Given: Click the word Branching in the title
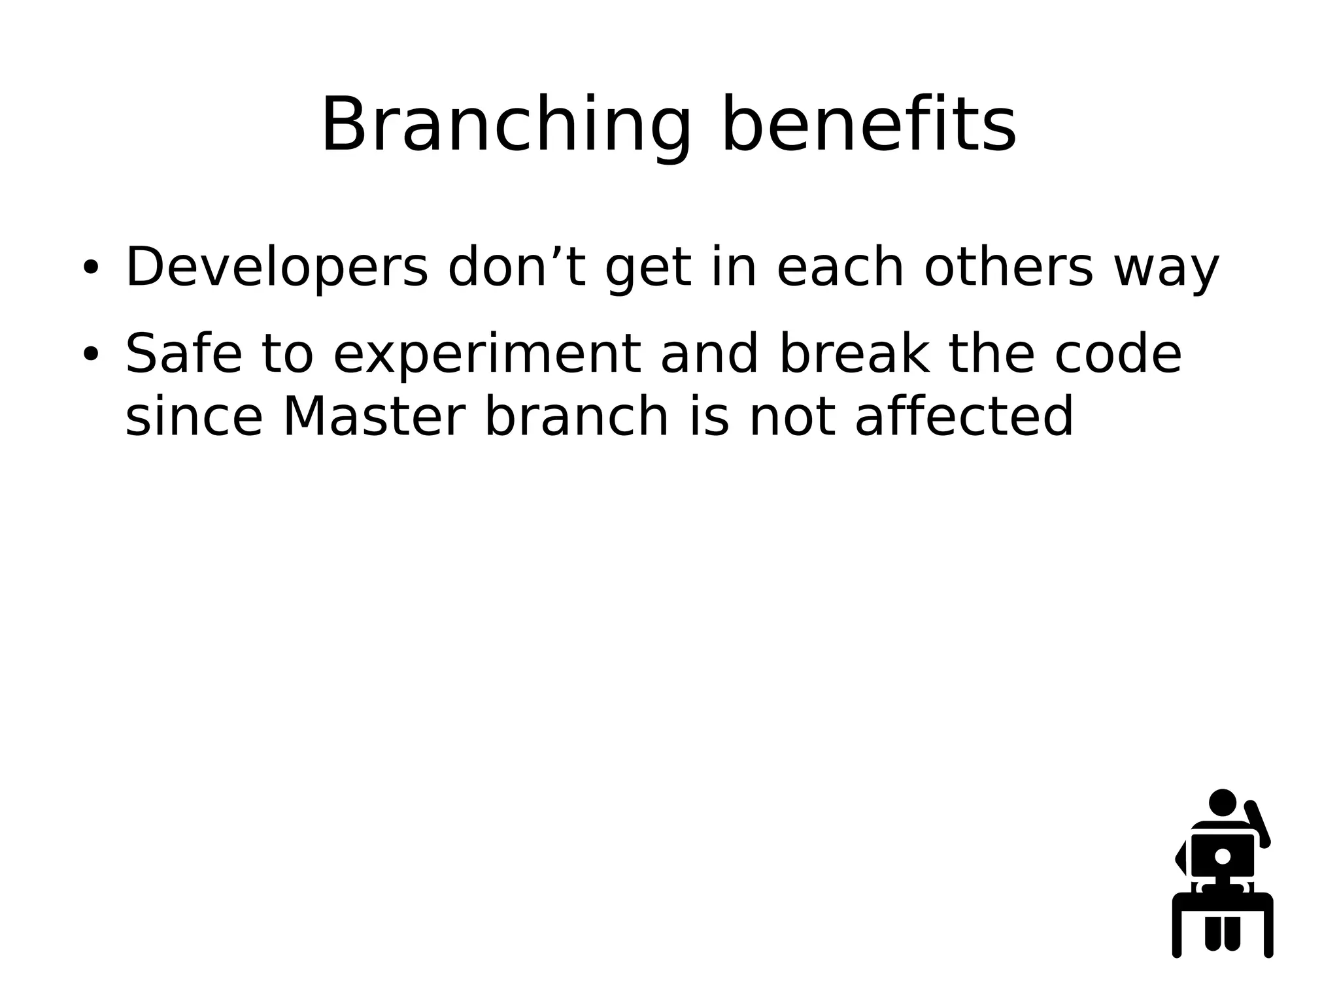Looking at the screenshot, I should pos(505,125).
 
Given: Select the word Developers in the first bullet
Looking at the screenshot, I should pos(276,268).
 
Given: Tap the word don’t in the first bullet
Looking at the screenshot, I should pos(517,268).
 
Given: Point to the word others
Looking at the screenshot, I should pos(1008,268).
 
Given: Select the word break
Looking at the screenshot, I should pos(855,354).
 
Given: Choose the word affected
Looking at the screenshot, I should pos(964,417).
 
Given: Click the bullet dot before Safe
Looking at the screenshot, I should pos(90,354).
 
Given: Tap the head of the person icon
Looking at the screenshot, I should pos(1222,802).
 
